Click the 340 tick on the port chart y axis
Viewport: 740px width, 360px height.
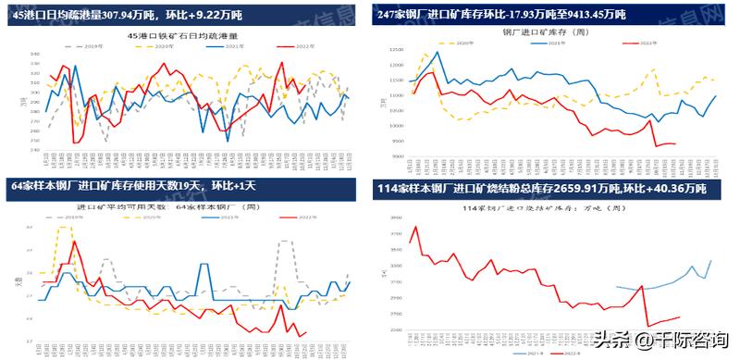35,54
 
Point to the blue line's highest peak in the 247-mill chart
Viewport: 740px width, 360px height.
438,53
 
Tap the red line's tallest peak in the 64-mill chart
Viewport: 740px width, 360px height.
73,242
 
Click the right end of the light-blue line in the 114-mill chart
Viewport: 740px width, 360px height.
711,261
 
